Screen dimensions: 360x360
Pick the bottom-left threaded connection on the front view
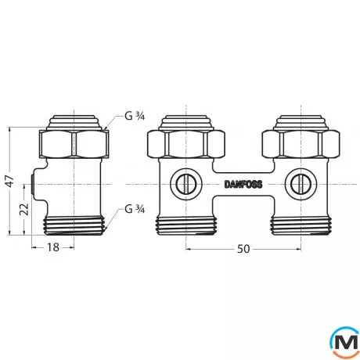point(185,224)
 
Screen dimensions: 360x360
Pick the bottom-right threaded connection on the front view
point(300,224)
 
